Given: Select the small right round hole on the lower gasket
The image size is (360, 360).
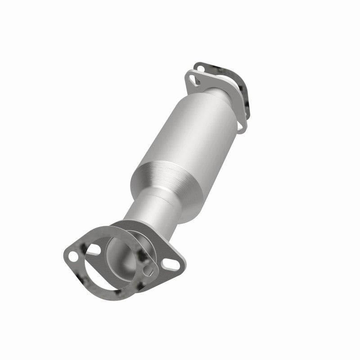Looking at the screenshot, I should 147,271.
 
